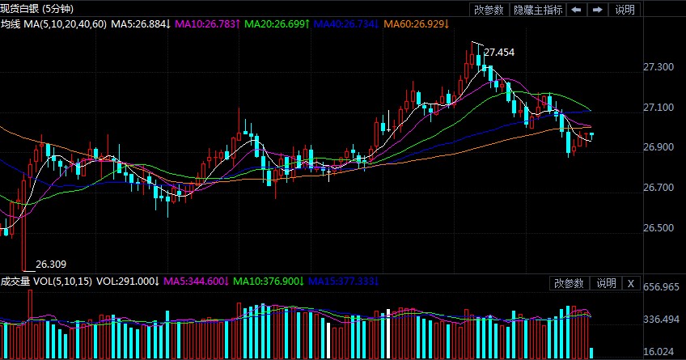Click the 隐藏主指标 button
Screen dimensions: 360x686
point(539,10)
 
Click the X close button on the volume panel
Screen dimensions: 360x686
point(630,283)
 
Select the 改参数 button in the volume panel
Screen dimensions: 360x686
point(569,283)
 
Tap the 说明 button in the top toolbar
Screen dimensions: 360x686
point(625,10)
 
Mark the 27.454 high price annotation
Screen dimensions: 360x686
point(499,53)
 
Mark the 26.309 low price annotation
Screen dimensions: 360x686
point(52,264)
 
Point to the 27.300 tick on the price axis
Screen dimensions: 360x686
point(658,67)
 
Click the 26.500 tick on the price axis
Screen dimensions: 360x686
point(658,228)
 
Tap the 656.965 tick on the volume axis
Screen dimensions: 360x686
point(658,287)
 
